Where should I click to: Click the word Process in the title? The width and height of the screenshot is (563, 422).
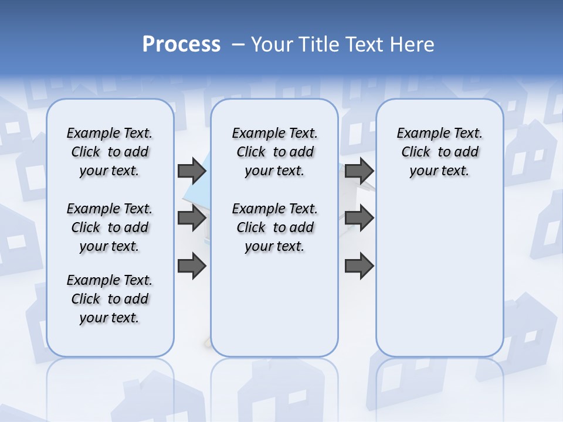(181, 45)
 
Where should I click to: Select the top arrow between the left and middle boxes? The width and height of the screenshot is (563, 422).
(191, 171)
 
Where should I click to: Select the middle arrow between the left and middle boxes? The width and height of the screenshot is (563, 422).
(191, 219)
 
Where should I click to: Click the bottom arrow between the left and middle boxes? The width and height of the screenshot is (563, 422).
(191, 267)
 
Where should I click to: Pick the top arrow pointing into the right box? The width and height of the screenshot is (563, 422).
(359, 171)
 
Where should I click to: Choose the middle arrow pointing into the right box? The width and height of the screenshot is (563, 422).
(359, 219)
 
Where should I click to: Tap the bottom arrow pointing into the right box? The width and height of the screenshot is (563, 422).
(359, 267)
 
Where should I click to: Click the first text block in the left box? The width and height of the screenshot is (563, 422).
(110, 152)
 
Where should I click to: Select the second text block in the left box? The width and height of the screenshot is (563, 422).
(110, 227)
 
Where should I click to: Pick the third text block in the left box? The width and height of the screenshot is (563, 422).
(110, 299)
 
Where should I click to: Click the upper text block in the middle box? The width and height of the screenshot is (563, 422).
(274, 152)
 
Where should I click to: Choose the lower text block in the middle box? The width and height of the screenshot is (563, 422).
(274, 227)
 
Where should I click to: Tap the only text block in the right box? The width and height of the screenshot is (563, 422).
(440, 152)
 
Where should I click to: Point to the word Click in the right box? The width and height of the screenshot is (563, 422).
(416, 152)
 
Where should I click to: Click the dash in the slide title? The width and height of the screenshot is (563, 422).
(238, 45)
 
